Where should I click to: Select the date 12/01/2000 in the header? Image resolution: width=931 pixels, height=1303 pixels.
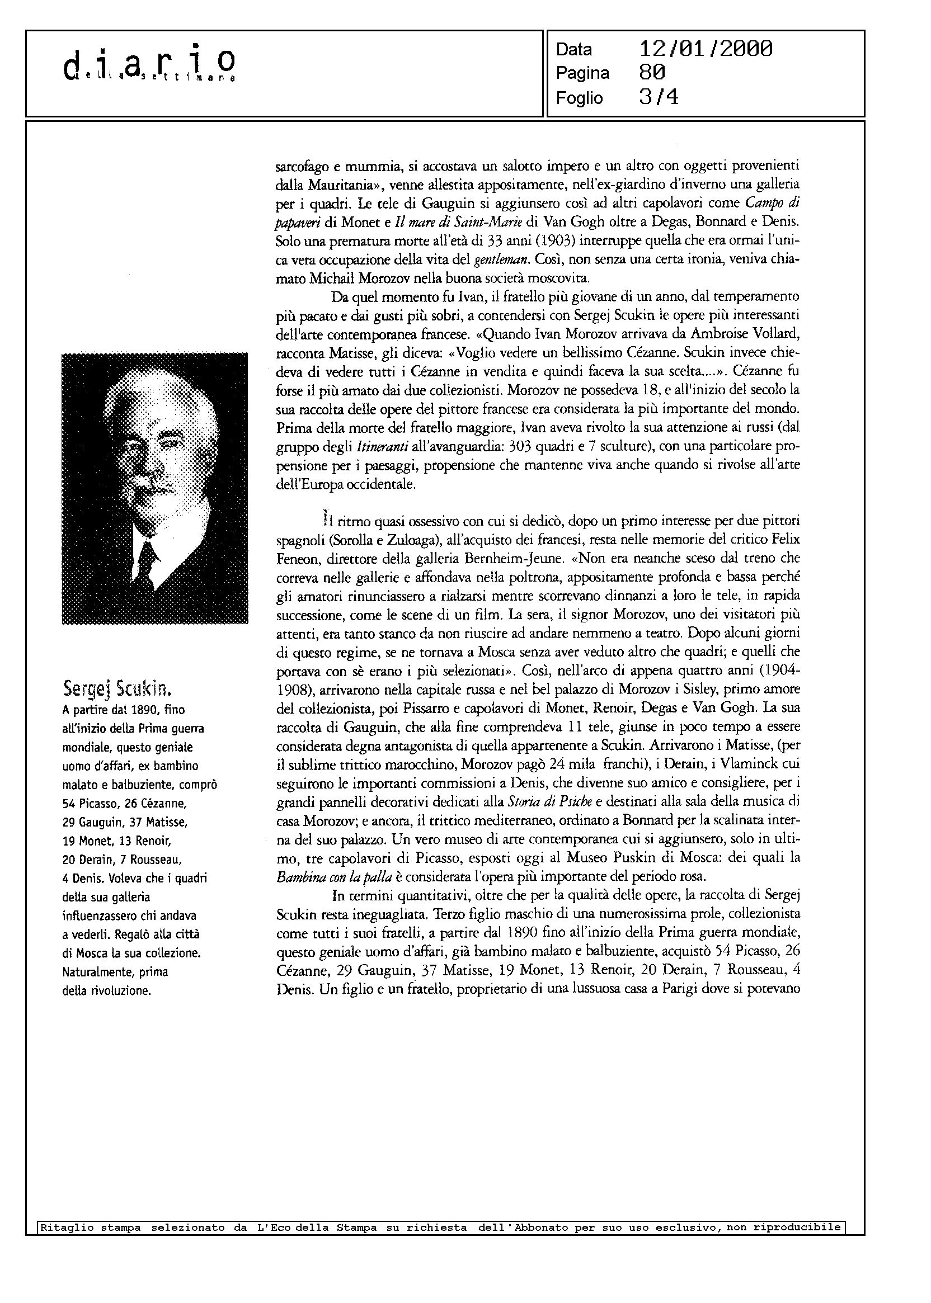click(x=706, y=49)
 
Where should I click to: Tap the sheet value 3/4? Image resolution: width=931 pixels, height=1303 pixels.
click(x=659, y=97)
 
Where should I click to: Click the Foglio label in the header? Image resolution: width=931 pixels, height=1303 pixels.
click(x=579, y=98)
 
